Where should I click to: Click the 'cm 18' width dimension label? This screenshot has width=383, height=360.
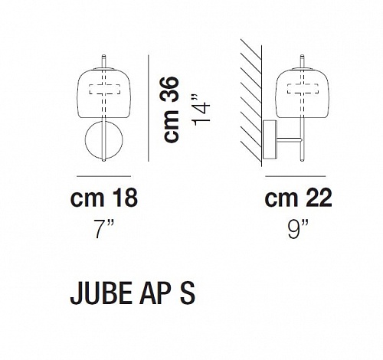click(x=104, y=198)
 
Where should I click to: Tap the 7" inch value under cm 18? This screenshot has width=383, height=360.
click(x=104, y=230)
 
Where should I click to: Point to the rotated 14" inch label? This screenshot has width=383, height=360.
click(x=201, y=110)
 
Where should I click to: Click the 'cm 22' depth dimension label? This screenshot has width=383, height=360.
click(x=299, y=198)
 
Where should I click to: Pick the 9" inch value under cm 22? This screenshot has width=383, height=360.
click(x=298, y=230)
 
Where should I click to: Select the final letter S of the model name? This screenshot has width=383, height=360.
click(x=188, y=293)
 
